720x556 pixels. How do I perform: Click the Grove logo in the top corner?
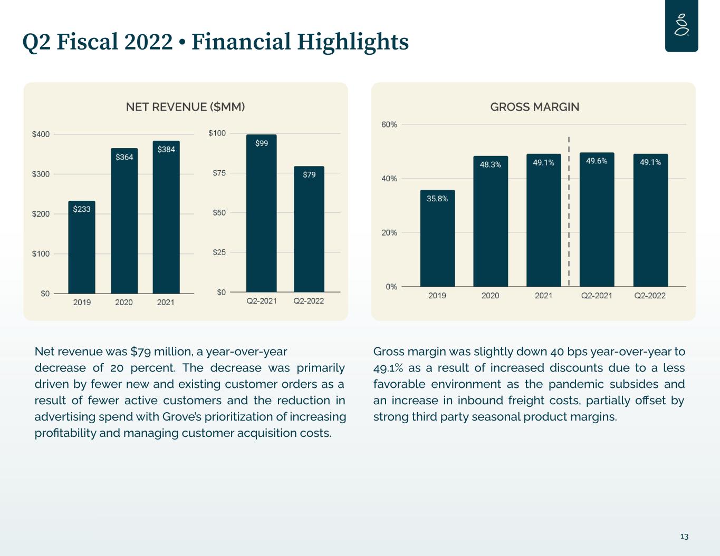coord(681,26)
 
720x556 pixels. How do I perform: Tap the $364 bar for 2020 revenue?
coord(124,221)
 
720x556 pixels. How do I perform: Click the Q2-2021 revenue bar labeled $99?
coord(262,213)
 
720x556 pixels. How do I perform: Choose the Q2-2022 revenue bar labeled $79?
coord(309,229)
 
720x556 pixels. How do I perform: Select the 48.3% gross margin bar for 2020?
coord(491,221)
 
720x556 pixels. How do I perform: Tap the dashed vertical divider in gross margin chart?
coord(569,211)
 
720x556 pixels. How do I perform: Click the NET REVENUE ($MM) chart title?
coord(186,107)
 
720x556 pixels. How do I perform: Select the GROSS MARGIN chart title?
coord(535,107)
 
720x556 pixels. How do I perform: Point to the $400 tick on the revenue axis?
coord(41,134)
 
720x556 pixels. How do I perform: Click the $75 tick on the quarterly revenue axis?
coord(218,173)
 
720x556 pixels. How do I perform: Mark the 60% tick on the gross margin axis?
coord(389,125)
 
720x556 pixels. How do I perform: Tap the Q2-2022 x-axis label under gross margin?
coord(650,296)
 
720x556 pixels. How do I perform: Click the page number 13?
coord(684,537)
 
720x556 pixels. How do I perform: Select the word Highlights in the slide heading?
coord(353,42)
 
